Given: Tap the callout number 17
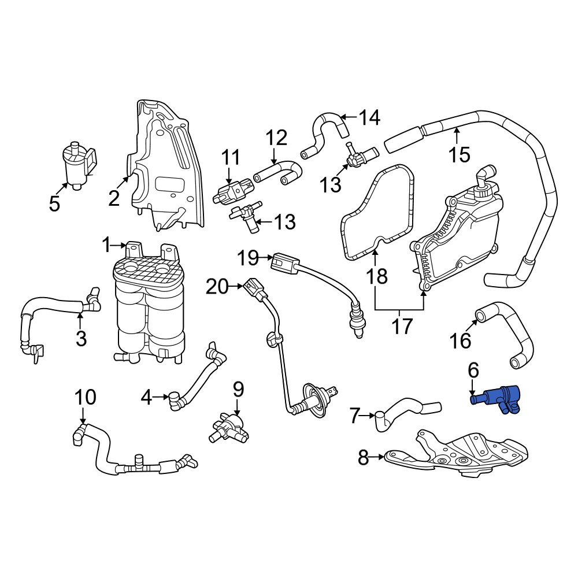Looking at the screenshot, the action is pyautogui.click(x=402, y=326).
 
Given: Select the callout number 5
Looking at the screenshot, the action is pyautogui.click(x=54, y=203).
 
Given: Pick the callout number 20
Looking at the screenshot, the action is pyautogui.click(x=217, y=287).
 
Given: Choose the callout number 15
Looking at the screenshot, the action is pyautogui.click(x=460, y=154).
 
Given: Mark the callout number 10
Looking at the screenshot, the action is pyautogui.click(x=86, y=398).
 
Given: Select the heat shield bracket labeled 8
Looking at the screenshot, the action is pyautogui.click(x=457, y=453).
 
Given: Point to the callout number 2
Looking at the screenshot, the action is pyautogui.click(x=114, y=198).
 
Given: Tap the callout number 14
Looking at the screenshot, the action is pyautogui.click(x=369, y=117).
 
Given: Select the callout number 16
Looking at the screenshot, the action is pyautogui.click(x=461, y=340).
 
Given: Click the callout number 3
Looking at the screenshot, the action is pyautogui.click(x=81, y=338).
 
